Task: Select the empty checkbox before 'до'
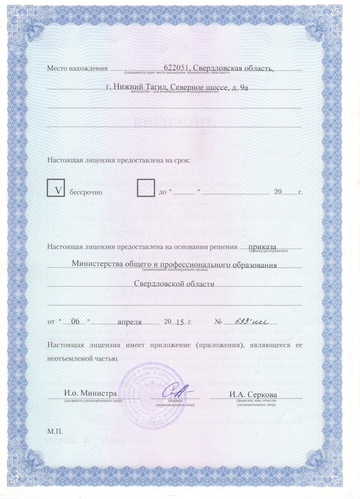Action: coord(146,188)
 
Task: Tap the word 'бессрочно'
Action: coord(86,192)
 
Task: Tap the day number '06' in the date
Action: coord(75,322)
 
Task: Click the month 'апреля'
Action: coord(130,322)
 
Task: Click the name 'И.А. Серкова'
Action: coord(253,394)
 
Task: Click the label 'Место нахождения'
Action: coord(77,68)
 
